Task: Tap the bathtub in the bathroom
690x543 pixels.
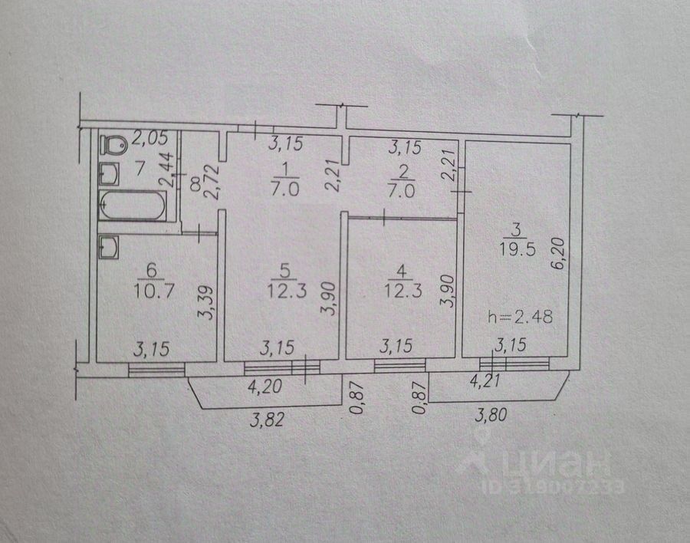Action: [x=132, y=205]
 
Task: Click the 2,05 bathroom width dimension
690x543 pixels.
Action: [x=148, y=139]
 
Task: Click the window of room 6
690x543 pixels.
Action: [x=156, y=370]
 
